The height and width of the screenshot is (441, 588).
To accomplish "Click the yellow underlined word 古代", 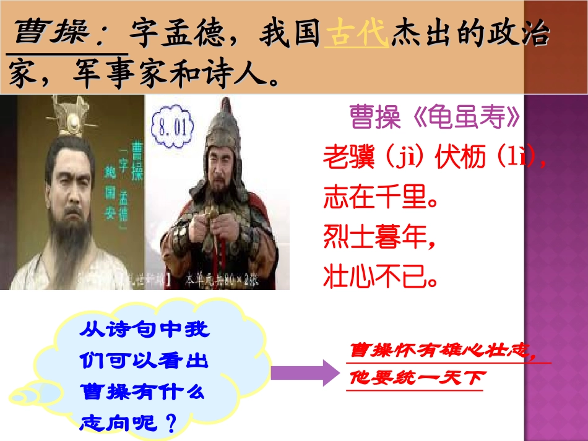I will pos(357,35).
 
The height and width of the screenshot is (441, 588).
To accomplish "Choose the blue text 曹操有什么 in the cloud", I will pos(142,392).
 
